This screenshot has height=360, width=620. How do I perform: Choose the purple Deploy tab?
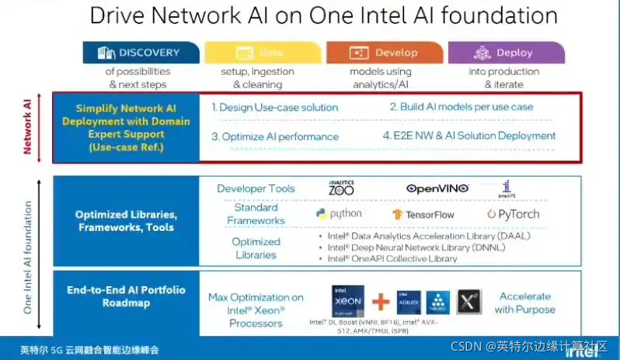point(503,53)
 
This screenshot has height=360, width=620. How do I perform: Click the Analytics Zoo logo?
point(342,187)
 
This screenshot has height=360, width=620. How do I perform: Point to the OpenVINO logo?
point(437,188)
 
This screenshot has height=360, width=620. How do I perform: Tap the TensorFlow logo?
point(423,214)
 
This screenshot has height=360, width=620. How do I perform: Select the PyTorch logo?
point(513,214)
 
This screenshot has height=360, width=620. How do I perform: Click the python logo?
point(340,213)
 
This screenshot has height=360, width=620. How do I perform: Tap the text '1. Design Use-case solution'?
point(275,107)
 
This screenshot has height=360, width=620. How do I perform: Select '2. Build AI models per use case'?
point(462,107)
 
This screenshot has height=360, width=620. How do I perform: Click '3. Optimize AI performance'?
point(275,136)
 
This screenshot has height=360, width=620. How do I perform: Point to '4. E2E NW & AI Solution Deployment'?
point(469,135)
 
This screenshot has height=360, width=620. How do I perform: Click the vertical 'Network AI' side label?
point(28,127)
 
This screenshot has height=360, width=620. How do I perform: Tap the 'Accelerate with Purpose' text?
point(525,302)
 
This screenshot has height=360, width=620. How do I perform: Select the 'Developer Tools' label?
point(256,188)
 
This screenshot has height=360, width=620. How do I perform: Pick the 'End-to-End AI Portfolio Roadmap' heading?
point(126,296)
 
